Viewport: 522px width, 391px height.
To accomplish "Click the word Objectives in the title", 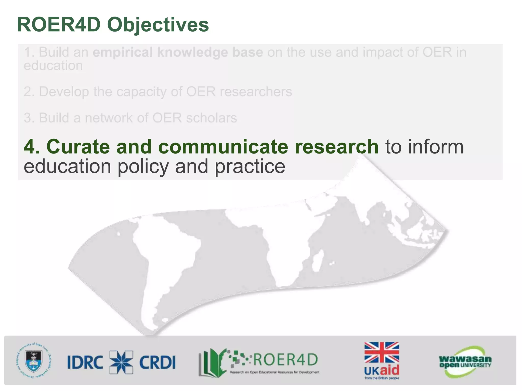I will click(158, 25).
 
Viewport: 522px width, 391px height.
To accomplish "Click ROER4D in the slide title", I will click(59, 25).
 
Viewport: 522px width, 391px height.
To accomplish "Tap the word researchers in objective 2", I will click(256, 92).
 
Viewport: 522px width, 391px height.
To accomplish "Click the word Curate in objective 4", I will click(78, 147).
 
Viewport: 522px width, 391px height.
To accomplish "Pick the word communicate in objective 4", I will click(223, 147).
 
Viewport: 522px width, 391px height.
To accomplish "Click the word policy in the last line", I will click(143, 166).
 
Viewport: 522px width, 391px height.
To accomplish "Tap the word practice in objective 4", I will click(250, 166).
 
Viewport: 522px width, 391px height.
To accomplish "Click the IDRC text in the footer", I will click(85, 362).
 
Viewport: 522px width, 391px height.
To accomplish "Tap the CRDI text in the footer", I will click(158, 362).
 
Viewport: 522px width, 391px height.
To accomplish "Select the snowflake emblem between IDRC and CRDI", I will click(121, 362).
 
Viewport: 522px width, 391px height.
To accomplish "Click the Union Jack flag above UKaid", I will click(382, 352).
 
